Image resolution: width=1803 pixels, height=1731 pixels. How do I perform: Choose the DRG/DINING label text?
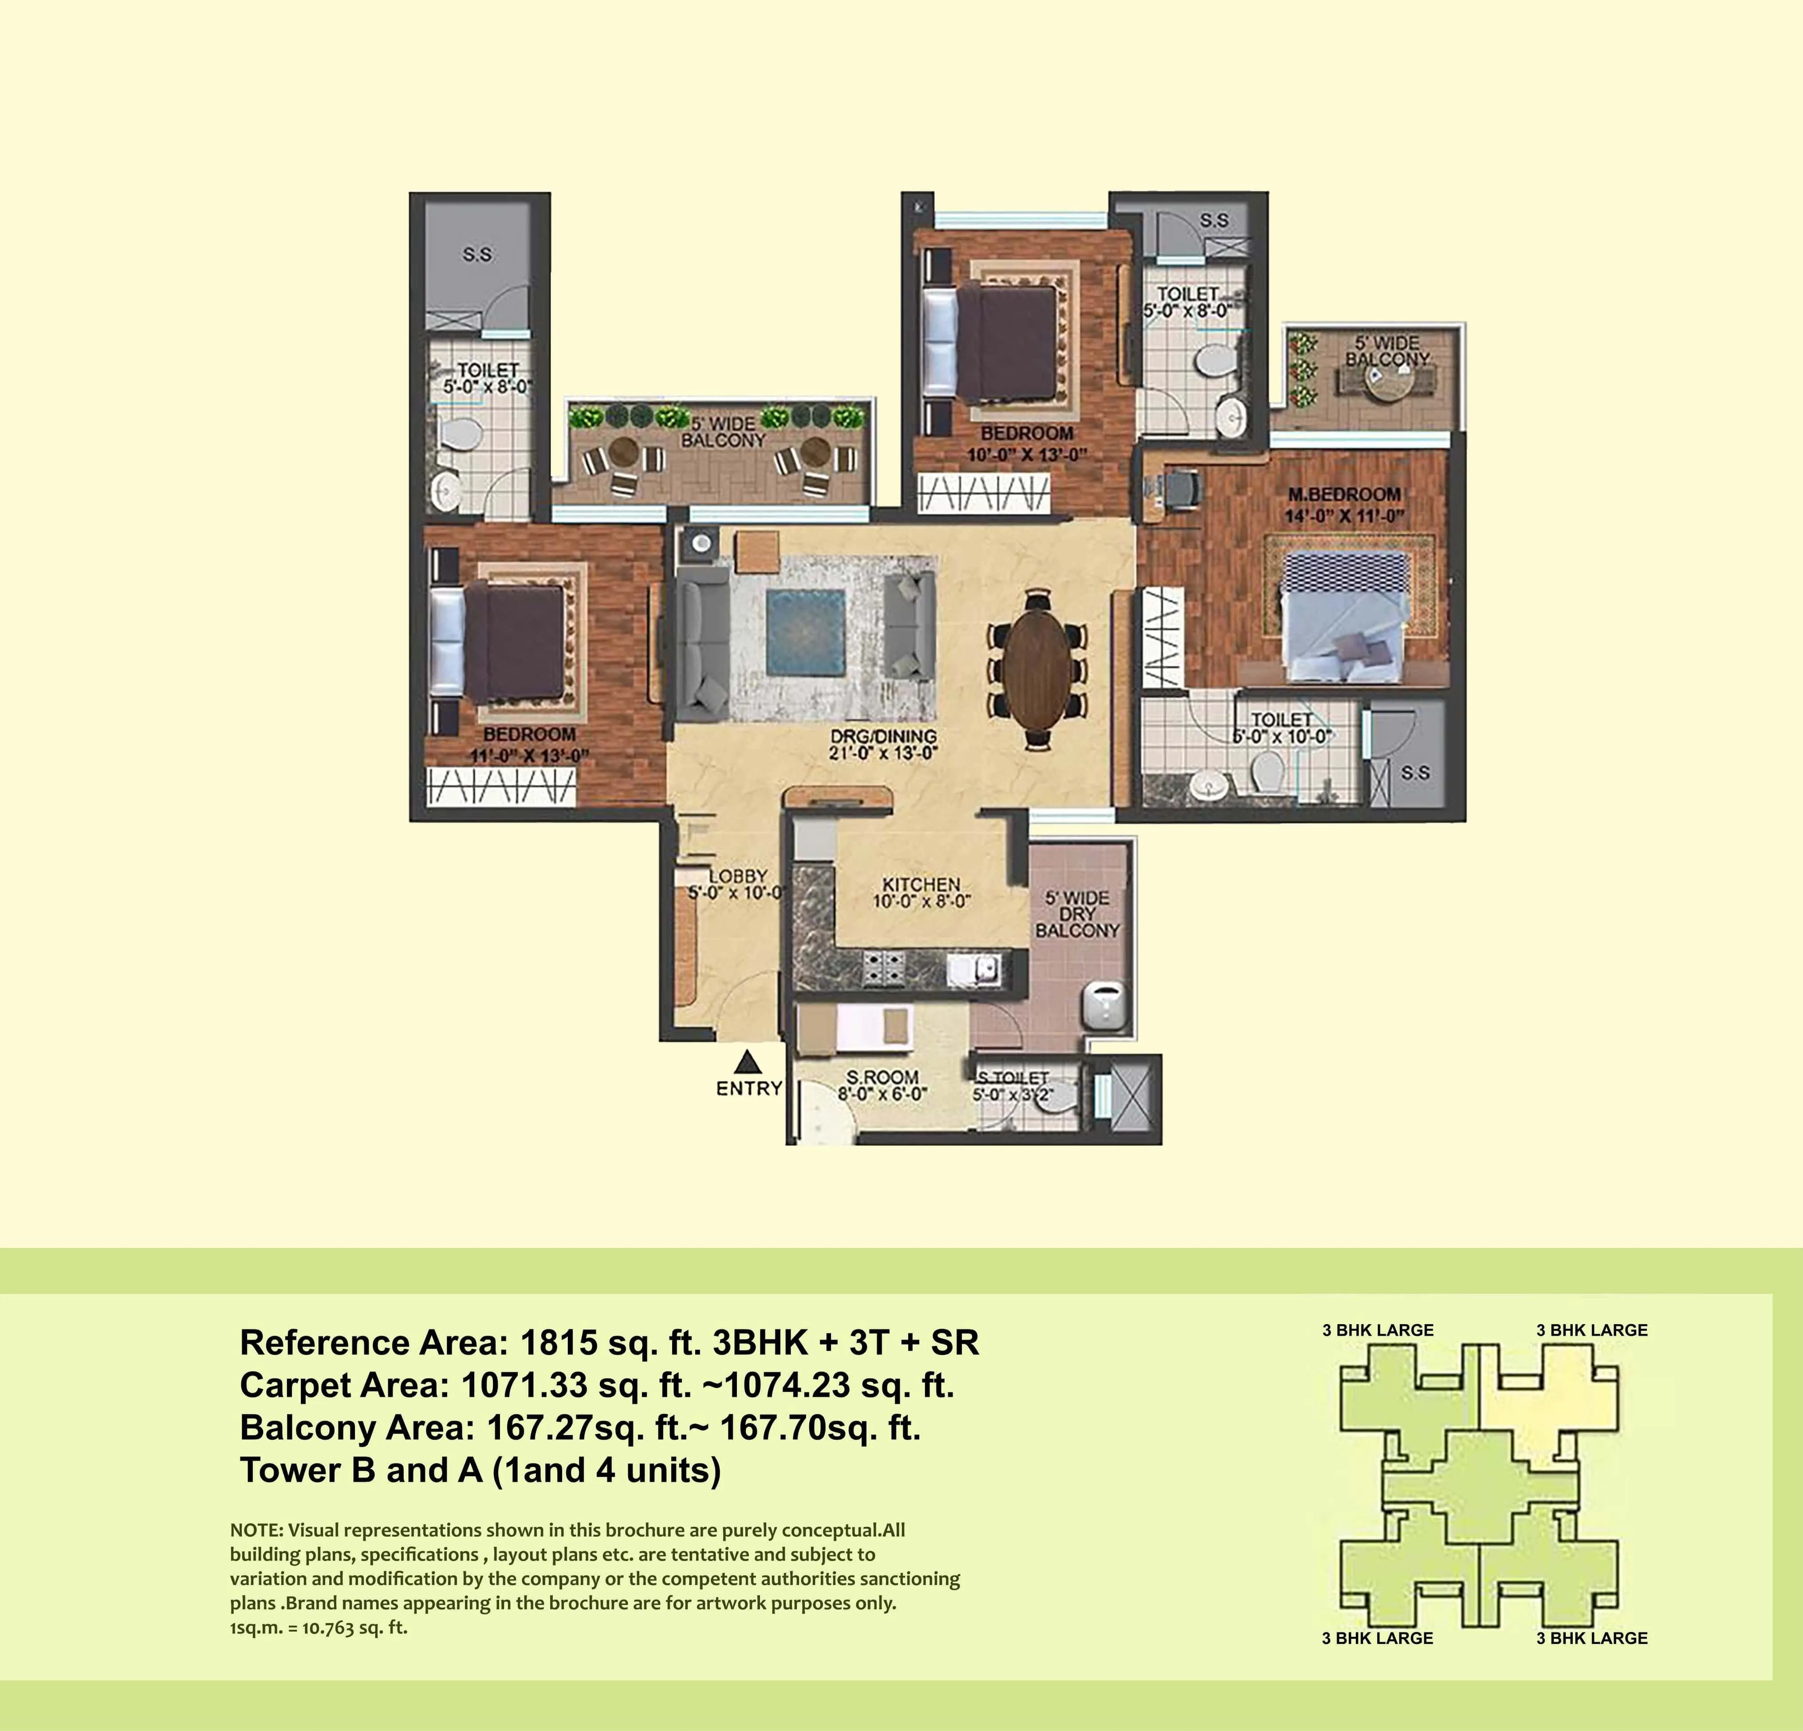(x=883, y=736)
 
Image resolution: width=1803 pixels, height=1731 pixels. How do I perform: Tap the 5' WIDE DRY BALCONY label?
(x=1077, y=914)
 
